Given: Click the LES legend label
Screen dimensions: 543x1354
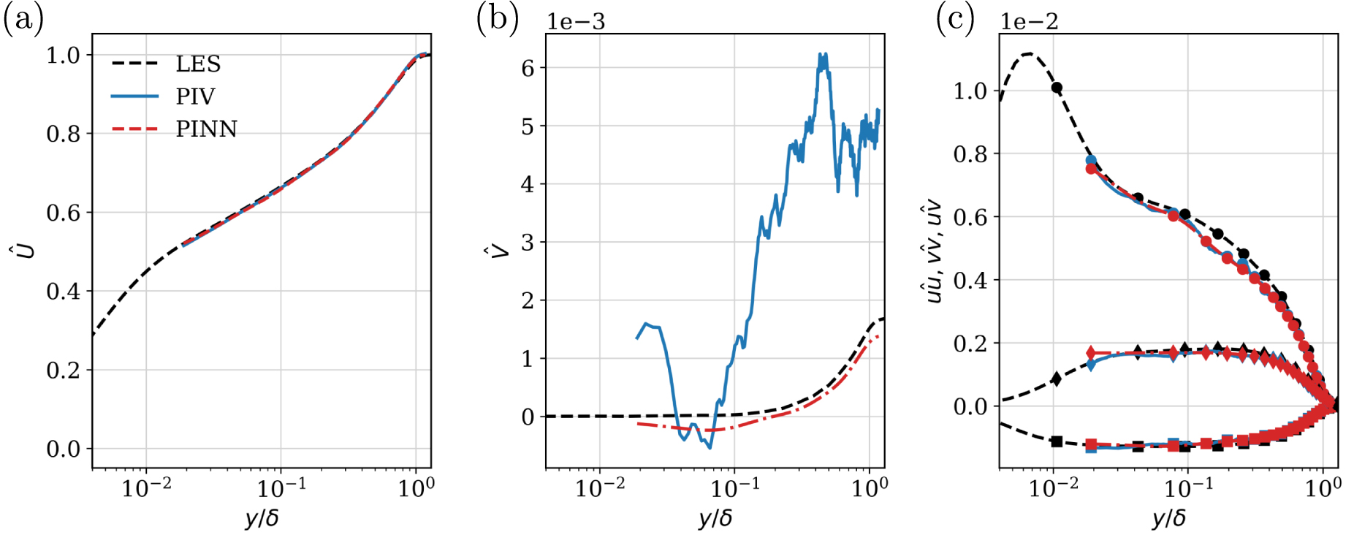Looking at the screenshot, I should point(198,64).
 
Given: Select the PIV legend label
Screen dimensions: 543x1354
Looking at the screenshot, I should point(195,96).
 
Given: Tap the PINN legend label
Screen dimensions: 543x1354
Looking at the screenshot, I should point(206,129).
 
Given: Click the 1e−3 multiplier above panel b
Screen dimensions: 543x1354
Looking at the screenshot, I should point(576,22).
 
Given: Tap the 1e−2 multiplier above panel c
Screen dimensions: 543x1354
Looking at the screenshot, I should point(1029,22).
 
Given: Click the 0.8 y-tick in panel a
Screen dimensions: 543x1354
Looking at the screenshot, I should point(64,134).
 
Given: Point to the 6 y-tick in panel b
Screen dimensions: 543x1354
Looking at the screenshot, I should point(528,68).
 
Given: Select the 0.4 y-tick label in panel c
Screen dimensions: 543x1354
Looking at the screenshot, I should point(970,280).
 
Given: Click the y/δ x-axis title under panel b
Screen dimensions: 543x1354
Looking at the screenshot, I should point(715,518).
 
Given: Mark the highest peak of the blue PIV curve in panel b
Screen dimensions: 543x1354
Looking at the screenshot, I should point(824,55).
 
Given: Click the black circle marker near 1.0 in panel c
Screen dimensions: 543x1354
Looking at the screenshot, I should point(1057,88).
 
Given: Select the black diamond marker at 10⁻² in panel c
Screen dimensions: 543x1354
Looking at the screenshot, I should point(1056,379).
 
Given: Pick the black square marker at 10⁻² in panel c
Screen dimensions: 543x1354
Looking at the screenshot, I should point(1057,441).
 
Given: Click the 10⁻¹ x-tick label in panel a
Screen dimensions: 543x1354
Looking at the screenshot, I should point(281,487).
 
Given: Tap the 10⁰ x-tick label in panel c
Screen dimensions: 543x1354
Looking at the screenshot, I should point(1323,487).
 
